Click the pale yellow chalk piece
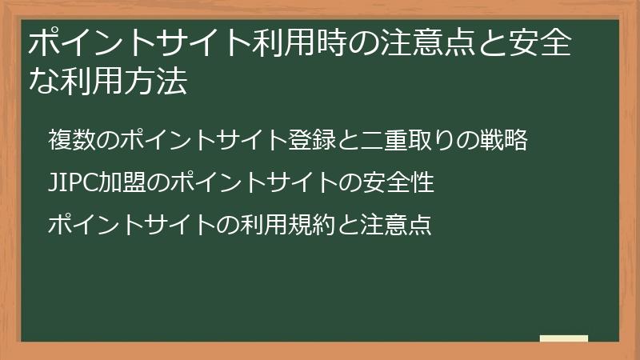pos(564,338)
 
